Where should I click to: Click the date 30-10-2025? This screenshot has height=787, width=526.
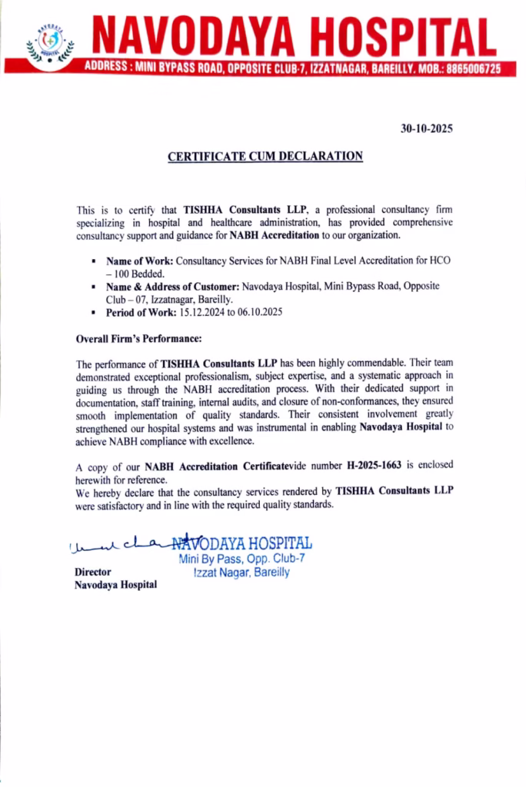tap(426, 129)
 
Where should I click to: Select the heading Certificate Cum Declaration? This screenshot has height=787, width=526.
tap(265, 156)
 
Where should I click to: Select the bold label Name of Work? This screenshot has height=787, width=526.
tap(140, 261)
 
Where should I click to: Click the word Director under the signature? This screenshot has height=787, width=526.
tap(93, 572)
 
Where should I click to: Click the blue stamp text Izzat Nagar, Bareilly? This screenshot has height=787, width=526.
tap(241, 573)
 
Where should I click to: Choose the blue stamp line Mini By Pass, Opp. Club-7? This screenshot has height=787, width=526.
tap(241, 559)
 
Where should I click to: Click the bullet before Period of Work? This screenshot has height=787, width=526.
tap(94, 314)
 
